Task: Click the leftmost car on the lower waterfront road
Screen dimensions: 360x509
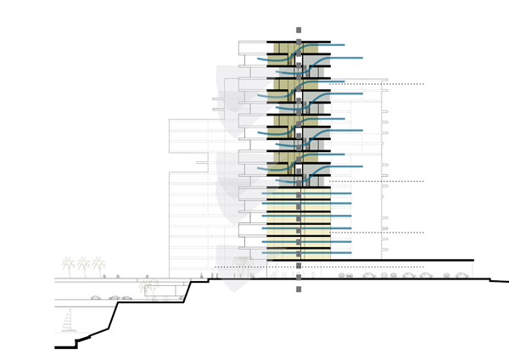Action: (x=96, y=297)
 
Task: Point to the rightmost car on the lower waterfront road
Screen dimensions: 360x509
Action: (x=126, y=297)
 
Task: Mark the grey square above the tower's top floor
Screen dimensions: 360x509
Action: (x=299, y=31)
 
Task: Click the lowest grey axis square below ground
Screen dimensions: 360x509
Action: (x=299, y=290)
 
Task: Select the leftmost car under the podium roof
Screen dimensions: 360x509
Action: (x=344, y=276)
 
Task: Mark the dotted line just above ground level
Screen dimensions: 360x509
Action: (x=255, y=267)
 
